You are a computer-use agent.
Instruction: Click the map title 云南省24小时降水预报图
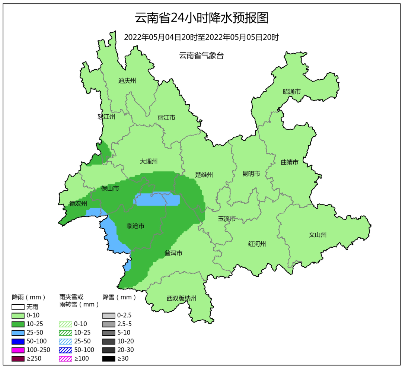[201, 18]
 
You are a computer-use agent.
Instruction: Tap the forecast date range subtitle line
[201, 37]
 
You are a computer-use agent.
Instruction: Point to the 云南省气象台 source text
[201, 56]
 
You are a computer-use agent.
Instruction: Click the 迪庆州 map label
[127, 81]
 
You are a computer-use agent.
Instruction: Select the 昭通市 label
[291, 92]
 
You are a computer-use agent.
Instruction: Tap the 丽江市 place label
[166, 118]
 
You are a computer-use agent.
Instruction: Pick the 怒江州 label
[106, 117]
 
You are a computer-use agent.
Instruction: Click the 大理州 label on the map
[149, 161]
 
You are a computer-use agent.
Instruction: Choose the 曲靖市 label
[290, 162]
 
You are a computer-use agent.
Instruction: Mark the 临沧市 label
[135, 226]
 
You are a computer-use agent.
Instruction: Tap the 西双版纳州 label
[181, 298]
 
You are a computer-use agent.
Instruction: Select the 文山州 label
[318, 235]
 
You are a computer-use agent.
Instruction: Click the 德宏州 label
[78, 203]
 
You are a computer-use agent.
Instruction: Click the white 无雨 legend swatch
[18, 307]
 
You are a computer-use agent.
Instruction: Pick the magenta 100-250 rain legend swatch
[18, 350]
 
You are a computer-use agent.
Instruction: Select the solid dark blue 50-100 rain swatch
[18, 342]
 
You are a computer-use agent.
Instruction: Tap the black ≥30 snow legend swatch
[109, 359]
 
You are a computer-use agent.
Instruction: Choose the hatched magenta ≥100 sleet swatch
[66, 359]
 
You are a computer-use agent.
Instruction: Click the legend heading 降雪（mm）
[119, 297]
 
